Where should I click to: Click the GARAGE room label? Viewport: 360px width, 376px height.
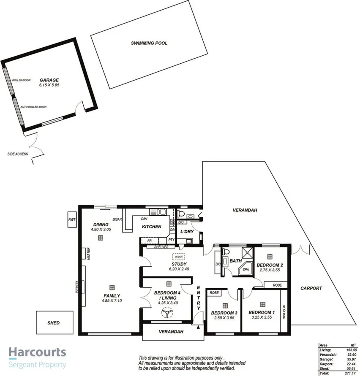tap(49, 80)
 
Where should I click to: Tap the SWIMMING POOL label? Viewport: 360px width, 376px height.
tap(149, 43)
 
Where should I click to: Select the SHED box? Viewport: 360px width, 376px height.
tap(53, 323)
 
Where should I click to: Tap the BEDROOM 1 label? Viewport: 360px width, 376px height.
tap(262, 312)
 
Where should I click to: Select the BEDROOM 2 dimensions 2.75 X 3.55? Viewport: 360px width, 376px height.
tap(270, 270)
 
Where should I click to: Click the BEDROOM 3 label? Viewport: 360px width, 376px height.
tap(224, 313)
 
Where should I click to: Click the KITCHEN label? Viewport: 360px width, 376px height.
tap(151, 227)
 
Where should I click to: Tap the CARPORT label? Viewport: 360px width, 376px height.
tap(311, 289)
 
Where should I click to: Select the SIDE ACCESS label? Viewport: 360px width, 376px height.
tap(18, 154)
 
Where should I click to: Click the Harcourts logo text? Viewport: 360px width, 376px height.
tap(38, 352)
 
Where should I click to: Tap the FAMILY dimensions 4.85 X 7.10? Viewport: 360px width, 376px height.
tap(112, 301)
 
